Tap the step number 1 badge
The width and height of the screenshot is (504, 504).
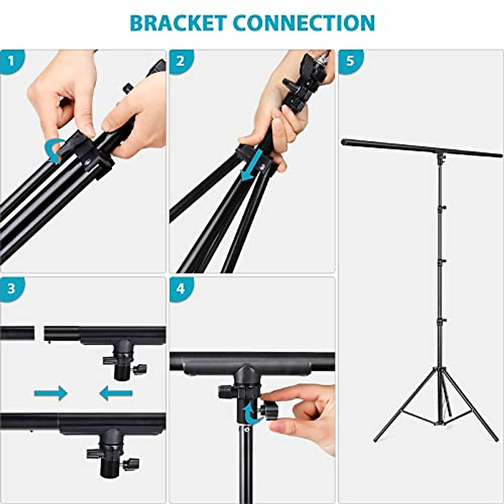click(11, 61)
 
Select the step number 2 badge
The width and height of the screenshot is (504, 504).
click(180, 61)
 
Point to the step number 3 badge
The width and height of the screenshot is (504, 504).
click(11, 289)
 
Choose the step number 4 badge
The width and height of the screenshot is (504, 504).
click(180, 289)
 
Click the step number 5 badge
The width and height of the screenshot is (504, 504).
click(349, 61)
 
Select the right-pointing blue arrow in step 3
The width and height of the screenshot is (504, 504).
click(50, 393)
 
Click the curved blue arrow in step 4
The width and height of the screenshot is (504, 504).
click(251, 414)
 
